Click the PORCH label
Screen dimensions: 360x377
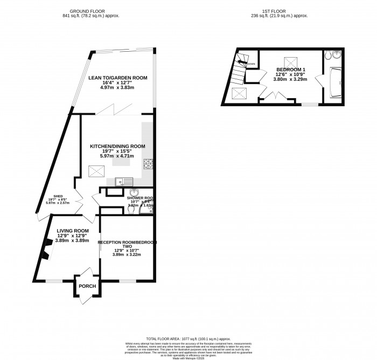click(x=87, y=286)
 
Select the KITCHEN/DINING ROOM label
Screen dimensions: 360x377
click(x=117, y=146)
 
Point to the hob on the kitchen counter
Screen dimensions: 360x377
click(x=148, y=164)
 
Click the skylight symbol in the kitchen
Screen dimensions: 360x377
click(x=96, y=171)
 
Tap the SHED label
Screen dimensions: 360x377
click(x=59, y=196)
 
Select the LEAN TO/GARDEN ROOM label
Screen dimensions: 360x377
click(x=114, y=78)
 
